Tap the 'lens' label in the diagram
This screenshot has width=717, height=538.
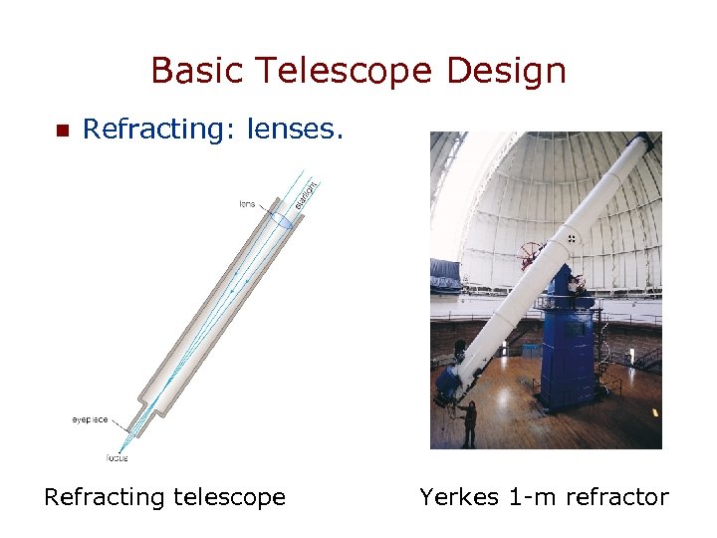[246, 204]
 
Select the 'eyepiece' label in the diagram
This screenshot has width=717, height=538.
[90, 419]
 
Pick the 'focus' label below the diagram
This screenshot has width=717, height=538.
[118, 457]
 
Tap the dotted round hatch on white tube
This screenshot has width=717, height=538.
[572, 238]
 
